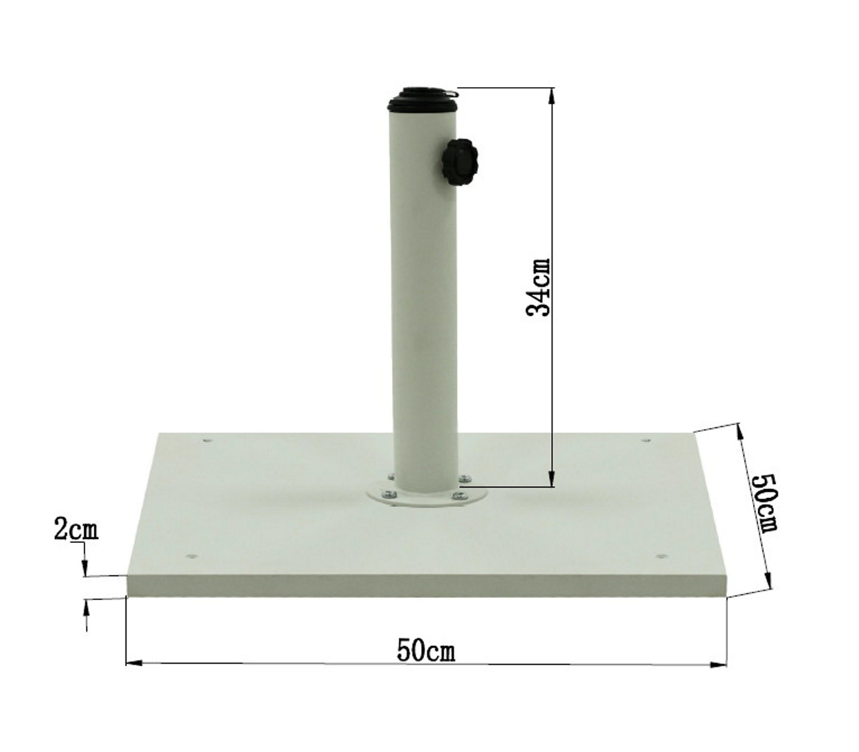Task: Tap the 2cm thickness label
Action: coord(76,530)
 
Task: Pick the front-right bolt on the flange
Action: coord(459,495)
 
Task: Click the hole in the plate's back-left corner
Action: coord(206,441)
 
